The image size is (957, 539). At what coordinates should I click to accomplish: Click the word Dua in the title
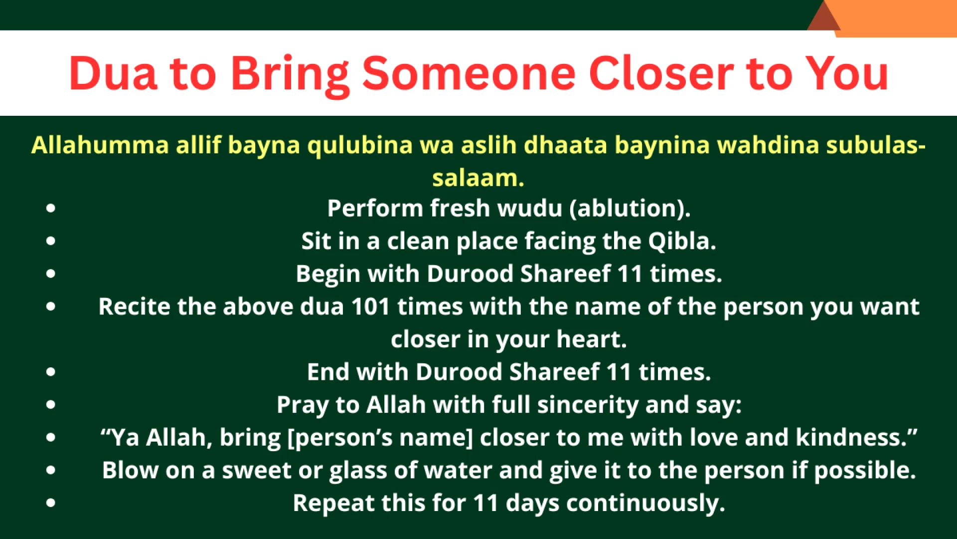coord(113,73)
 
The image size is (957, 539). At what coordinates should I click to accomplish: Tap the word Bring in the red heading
coord(290,75)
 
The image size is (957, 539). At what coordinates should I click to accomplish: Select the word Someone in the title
coord(469,73)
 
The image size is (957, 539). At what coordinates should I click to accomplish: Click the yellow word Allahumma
coord(100,145)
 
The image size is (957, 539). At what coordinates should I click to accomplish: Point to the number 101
coord(370,306)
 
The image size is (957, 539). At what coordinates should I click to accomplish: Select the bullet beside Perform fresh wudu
coord(51,208)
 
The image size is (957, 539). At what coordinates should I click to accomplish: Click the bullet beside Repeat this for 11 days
coord(51,503)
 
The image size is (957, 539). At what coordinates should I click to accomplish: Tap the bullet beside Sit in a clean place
coord(51,241)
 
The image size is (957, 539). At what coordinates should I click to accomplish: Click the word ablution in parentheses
coord(629,208)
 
